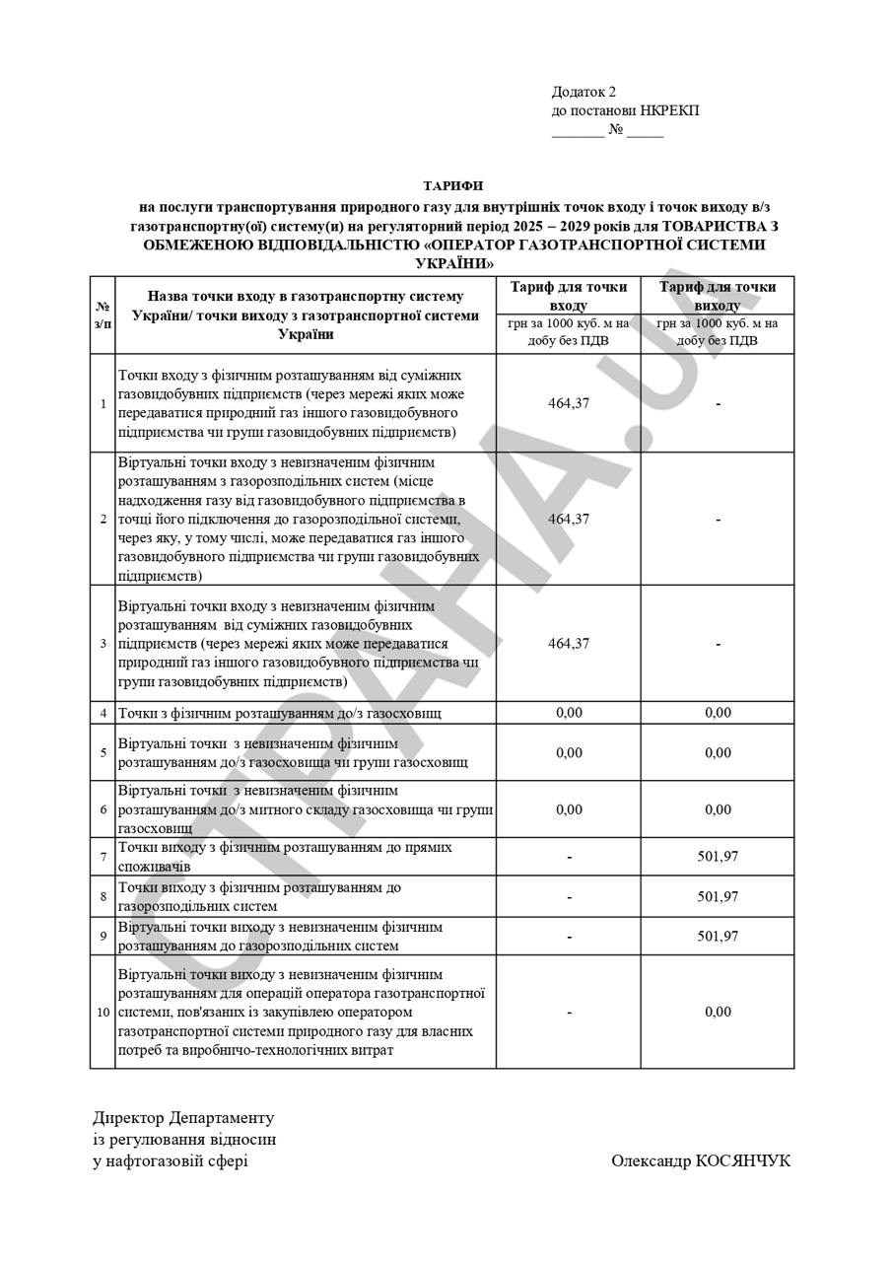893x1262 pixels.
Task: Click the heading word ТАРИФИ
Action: tap(453, 185)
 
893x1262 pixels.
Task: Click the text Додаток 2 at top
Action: tap(584, 92)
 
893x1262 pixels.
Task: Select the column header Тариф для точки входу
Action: tap(569, 296)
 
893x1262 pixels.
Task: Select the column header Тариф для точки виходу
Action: tap(718, 296)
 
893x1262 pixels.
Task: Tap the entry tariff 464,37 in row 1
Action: tap(569, 403)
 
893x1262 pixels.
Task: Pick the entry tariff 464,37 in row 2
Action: tap(569, 519)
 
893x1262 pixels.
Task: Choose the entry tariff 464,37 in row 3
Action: tap(569, 643)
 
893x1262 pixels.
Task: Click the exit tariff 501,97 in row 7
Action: tap(718, 857)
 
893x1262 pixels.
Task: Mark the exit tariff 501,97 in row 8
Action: tap(718, 896)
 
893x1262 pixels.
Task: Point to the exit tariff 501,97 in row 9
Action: tap(718, 936)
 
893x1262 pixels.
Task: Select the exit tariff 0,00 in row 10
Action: tap(718, 1012)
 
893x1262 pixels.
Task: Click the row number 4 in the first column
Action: tap(103, 713)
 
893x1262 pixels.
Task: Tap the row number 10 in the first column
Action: tap(103, 1013)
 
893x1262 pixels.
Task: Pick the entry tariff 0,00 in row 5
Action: tap(569, 752)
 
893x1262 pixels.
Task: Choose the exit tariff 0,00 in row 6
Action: tap(718, 809)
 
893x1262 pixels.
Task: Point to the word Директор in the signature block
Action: tap(128, 1118)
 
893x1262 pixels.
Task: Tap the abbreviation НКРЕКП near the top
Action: tap(669, 110)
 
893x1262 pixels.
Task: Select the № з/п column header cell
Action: tap(103, 315)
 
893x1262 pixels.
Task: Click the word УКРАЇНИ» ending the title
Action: tap(453, 264)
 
